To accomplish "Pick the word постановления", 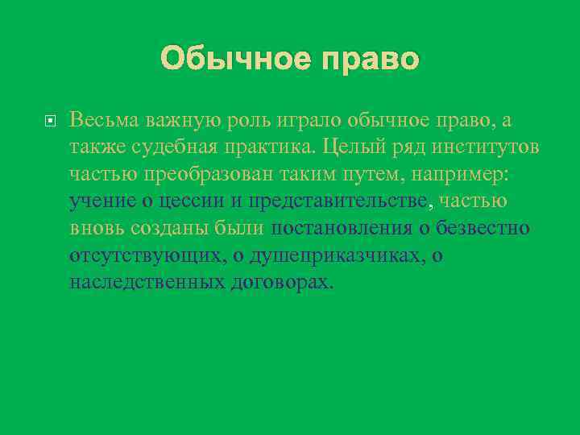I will pos(342,228).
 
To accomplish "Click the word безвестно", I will pos(483,228).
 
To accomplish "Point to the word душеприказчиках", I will pos(338,255).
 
